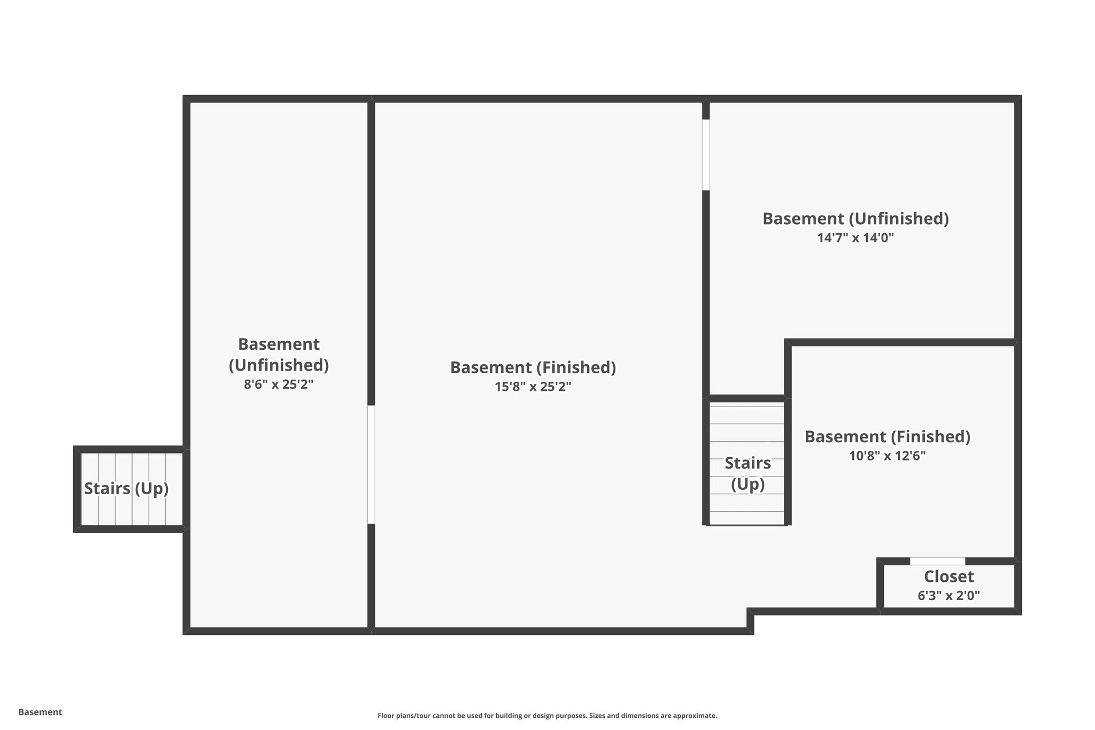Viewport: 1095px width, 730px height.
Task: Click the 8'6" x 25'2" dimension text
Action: [x=279, y=385]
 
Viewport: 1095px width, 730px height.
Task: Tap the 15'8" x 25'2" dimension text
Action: [x=533, y=387]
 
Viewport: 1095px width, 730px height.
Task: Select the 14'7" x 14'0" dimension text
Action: [x=855, y=238]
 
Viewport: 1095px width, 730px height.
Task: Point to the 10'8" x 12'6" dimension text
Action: [x=887, y=456]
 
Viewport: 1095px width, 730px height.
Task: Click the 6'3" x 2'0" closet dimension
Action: [x=949, y=596]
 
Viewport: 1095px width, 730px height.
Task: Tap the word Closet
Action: [x=949, y=577]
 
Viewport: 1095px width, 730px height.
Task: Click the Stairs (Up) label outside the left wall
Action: [x=126, y=488]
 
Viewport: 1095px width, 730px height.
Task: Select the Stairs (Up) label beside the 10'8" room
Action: [x=747, y=473]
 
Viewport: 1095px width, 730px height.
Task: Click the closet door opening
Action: [x=937, y=561]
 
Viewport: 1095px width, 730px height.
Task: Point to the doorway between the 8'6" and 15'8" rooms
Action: [x=371, y=464]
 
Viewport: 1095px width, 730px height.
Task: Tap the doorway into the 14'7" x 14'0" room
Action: [x=706, y=155]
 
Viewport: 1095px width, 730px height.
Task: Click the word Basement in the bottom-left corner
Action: [x=40, y=712]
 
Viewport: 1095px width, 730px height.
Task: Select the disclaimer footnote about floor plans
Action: [x=547, y=716]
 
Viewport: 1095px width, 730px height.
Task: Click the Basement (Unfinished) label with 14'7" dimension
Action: [x=855, y=219]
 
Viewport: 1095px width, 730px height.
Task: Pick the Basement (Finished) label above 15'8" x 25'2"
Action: [x=533, y=367]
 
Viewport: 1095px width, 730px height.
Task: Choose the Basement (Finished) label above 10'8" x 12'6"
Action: [x=887, y=437]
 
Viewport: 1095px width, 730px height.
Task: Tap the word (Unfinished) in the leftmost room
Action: [x=279, y=365]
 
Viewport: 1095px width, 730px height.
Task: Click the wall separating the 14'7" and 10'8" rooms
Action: [x=901, y=342]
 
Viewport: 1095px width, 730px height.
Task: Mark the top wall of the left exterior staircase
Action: [x=130, y=449]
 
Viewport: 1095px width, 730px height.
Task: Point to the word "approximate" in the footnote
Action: [x=694, y=716]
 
